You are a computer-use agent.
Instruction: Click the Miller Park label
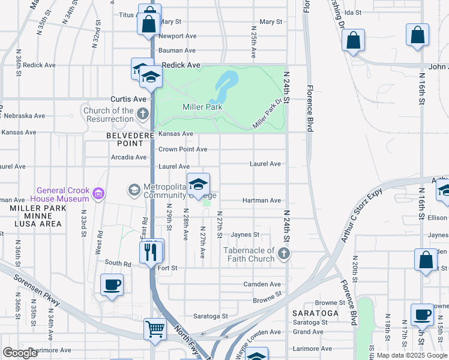(202, 107)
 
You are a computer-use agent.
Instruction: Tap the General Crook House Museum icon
(98, 194)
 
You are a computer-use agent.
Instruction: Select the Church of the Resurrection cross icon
(143, 113)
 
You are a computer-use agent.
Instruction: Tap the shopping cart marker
(155, 329)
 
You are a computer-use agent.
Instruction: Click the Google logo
(20, 353)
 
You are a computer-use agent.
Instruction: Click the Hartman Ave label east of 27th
(261, 200)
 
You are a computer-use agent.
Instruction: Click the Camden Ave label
(262, 284)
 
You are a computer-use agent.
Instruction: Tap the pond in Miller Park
(222, 86)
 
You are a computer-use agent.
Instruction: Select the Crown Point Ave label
(182, 149)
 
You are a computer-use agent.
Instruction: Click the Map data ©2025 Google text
(411, 355)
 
